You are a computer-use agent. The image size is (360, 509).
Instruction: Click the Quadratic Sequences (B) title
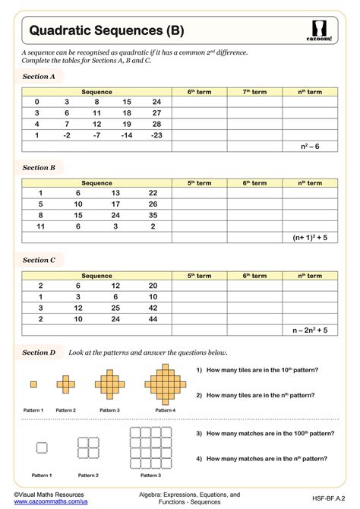[x=106, y=30]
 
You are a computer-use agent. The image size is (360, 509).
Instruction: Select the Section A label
[x=39, y=77]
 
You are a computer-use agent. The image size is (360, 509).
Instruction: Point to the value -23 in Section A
[x=156, y=134]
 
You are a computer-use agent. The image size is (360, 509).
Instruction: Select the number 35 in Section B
[x=153, y=215]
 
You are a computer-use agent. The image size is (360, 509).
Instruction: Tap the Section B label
[x=39, y=167]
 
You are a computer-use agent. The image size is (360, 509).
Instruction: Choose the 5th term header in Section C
[x=200, y=276]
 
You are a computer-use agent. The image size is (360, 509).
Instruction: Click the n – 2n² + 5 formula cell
[x=310, y=330]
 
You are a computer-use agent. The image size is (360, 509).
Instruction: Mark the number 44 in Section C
[x=153, y=319]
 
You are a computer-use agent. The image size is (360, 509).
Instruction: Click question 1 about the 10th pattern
[x=257, y=370]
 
